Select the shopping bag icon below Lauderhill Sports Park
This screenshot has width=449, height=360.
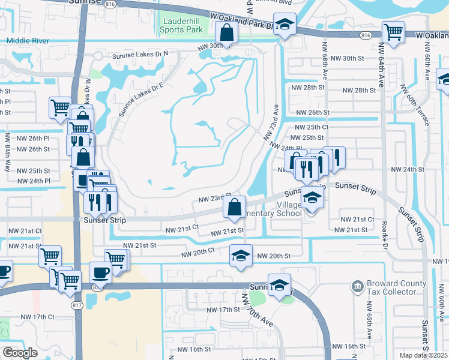point(226,35)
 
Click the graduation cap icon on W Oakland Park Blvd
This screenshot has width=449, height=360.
point(285,26)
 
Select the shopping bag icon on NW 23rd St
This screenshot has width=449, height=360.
point(234,208)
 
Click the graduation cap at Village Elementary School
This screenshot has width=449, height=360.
point(312,197)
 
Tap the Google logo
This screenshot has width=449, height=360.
point(20,353)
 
